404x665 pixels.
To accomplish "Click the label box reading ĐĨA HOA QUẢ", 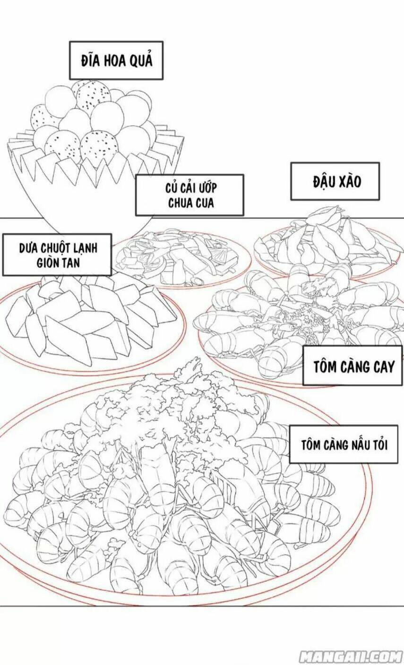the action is [116, 60].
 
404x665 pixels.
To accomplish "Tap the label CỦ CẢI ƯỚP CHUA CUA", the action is [189, 195].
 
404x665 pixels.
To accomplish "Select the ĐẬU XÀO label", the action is [335, 181].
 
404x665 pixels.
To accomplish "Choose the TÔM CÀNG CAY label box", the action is [353, 367].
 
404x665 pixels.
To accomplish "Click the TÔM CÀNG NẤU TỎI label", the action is [344, 445].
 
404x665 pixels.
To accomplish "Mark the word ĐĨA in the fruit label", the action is [89, 61].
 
